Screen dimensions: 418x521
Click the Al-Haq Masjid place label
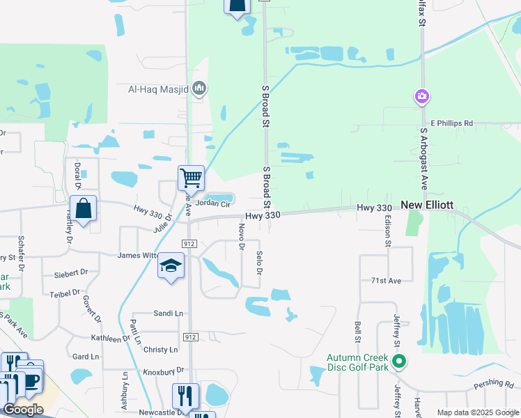[x=160, y=88]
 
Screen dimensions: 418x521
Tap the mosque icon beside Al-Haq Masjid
[x=199, y=88]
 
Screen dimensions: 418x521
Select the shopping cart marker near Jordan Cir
[x=190, y=178]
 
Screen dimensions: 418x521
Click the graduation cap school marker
[x=171, y=266]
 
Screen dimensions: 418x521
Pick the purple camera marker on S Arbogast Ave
[x=421, y=96]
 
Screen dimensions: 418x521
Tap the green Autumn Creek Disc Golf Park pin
[x=398, y=362]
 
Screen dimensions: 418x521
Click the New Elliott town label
[x=427, y=206]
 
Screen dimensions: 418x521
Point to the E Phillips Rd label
[x=451, y=123]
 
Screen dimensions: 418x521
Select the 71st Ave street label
[x=387, y=280]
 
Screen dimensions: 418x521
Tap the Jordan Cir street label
[x=212, y=203]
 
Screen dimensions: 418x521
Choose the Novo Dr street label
[x=242, y=237]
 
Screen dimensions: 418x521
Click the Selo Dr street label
[x=259, y=263]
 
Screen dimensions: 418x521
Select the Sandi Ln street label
[x=168, y=313]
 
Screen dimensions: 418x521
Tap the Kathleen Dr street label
[x=111, y=339]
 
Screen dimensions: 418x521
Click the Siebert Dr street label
[x=71, y=274]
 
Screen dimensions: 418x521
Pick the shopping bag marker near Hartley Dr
[x=83, y=209]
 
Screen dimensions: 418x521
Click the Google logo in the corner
[x=23, y=410]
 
